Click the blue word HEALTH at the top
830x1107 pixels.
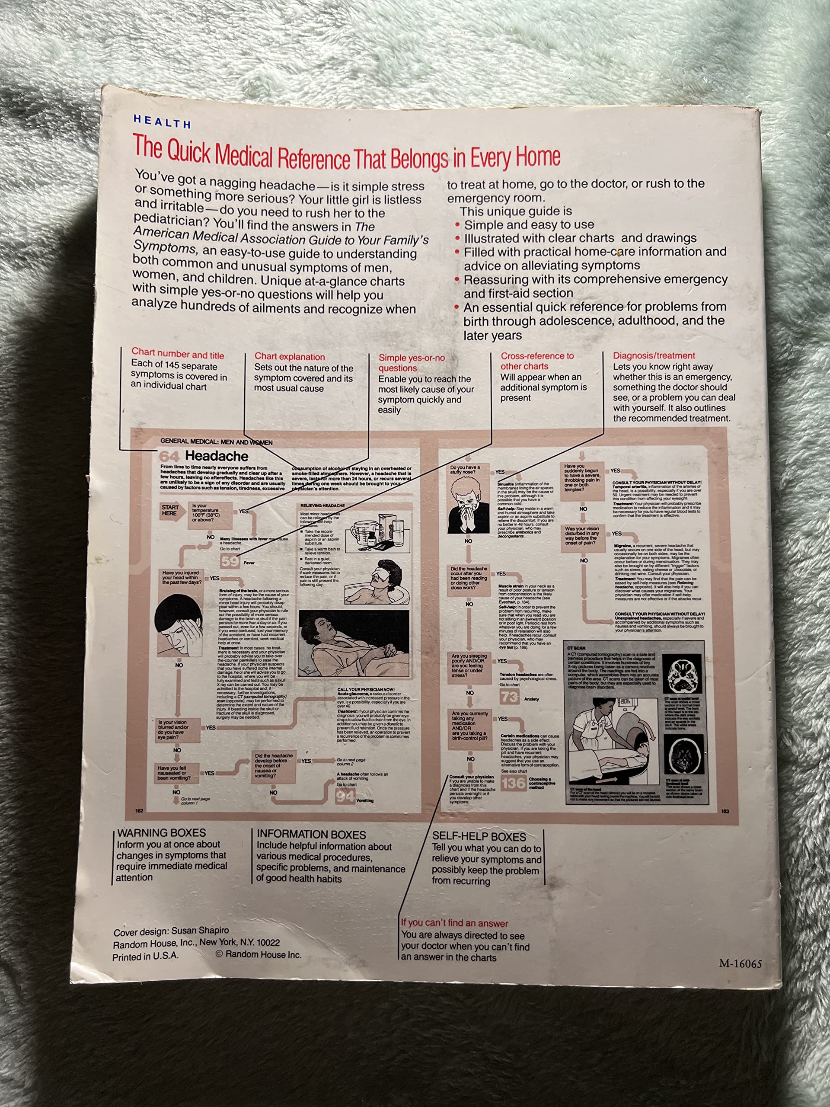tap(162, 122)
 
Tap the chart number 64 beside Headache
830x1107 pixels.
tap(169, 456)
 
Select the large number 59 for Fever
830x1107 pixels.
tap(230, 562)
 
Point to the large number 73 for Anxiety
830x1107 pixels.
tap(509, 697)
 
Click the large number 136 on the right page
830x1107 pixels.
tap(513, 783)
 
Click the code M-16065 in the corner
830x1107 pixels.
tap(740, 964)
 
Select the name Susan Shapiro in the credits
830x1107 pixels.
tap(200, 931)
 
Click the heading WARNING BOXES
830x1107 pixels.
tap(161, 833)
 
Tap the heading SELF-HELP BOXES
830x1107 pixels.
tap(479, 836)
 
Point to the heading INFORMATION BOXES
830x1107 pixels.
tap(311, 834)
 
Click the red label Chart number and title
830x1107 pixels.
tap(178, 354)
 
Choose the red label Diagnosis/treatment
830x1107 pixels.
tap(654, 356)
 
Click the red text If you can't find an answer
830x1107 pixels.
tap(454, 923)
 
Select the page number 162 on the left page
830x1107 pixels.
tap(139, 811)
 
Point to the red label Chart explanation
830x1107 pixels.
tap(290, 357)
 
